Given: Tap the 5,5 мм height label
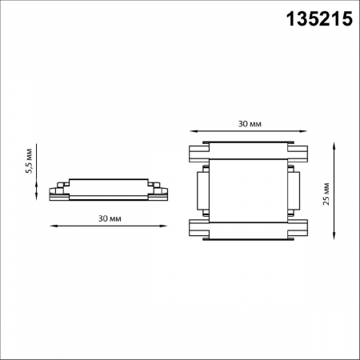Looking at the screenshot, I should (x=29, y=162).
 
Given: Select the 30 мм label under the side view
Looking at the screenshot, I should (x=109, y=218).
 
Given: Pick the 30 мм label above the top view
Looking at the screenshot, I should (x=248, y=125).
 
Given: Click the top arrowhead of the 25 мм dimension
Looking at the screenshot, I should (x=331, y=145).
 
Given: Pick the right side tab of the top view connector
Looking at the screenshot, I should (x=295, y=192).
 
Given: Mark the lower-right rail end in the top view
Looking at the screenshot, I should (x=300, y=230).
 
